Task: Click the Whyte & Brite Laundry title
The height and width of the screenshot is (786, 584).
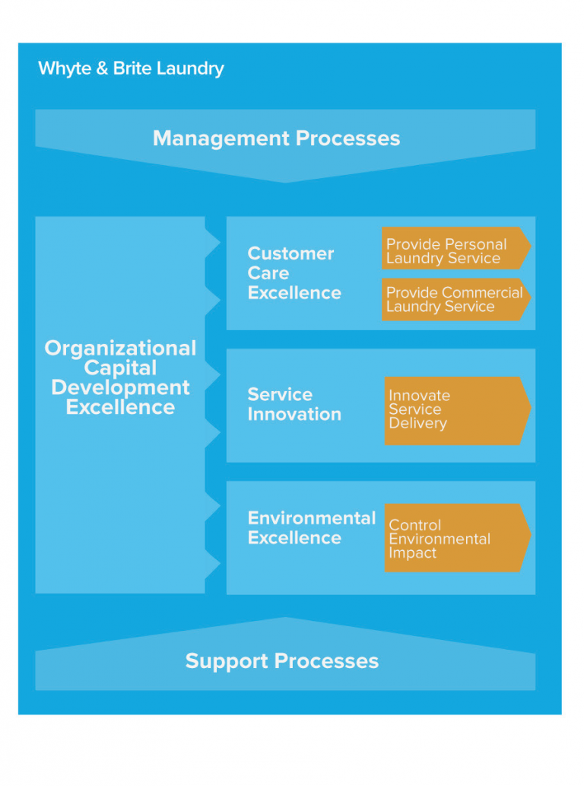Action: [131, 68]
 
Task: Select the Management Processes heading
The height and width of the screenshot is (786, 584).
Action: [276, 138]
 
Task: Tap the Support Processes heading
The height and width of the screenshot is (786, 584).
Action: [281, 660]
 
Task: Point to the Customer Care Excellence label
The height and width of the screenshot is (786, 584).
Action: [294, 273]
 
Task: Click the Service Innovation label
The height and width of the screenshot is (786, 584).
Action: [294, 404]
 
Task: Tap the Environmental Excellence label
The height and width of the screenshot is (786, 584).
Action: [311, 528]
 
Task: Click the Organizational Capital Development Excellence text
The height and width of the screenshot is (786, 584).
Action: [120, 377]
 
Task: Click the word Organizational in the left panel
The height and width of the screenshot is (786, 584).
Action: [120, 348]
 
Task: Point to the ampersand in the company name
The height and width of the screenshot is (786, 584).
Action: [102, 68]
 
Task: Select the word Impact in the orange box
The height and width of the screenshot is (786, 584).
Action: [412, 552]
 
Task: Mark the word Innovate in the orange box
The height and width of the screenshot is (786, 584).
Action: [419, 396]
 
